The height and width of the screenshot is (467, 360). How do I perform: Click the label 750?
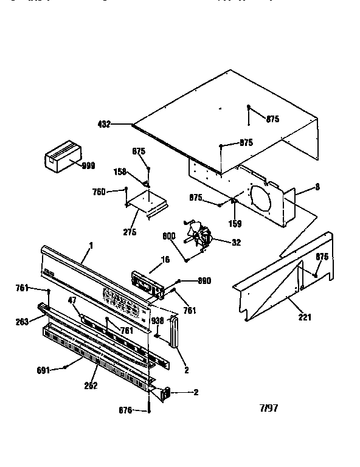pyautogui.click(x=99, y=192)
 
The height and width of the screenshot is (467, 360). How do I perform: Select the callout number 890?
pyautogui.click(x=205, y=280)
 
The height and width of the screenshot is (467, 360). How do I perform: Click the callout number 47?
pyautogui.click(x=72, y=300)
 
